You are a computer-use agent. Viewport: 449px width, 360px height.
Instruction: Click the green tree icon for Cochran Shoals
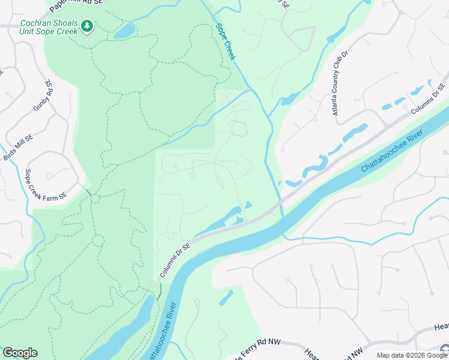click(x=88, y=26)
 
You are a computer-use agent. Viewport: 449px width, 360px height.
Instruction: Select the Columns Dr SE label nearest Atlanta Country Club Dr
click(x=431, y=99)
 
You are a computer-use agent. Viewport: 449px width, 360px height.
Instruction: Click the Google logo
click(x=20, y=353)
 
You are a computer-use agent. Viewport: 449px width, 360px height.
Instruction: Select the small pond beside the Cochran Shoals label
click(x=124, y=31)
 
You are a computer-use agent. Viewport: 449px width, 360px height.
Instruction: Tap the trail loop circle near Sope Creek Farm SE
click(x=95, y=199)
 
